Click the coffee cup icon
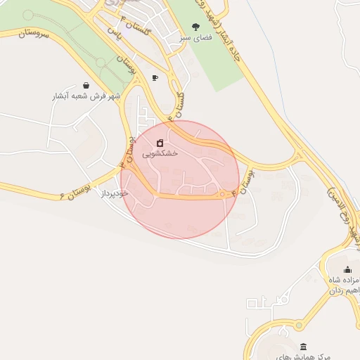pos(155,77)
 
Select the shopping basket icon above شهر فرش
pos(86,84)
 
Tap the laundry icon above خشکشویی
pos(160,141)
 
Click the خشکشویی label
pos(160,153)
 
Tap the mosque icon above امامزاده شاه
pos(347,269)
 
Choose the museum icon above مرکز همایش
pos(303,347)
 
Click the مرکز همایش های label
pos(303,356)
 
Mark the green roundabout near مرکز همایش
pos(300,325)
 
